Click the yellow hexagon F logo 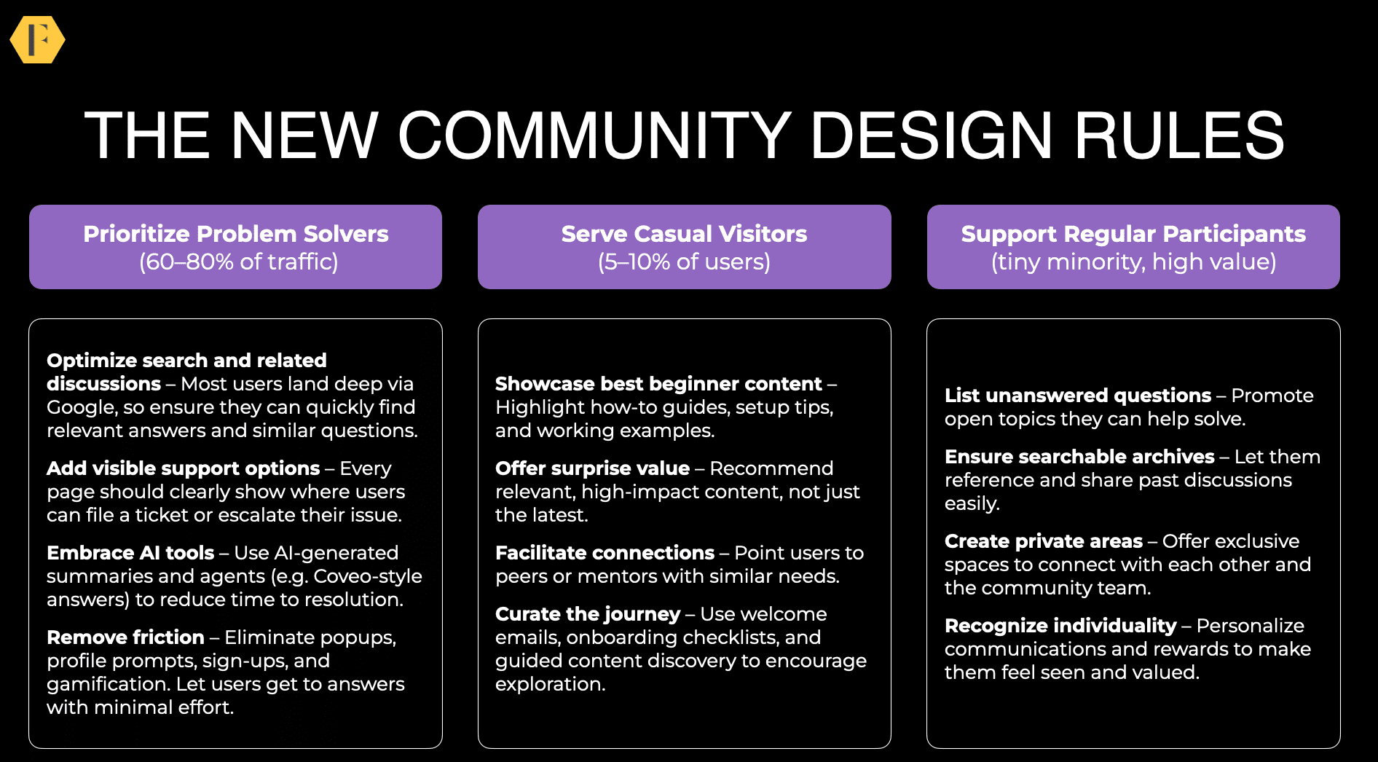point(37,39)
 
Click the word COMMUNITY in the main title point(594,135)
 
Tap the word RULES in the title point(1179,135)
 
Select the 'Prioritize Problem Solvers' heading point(236,234)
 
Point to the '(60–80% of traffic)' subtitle point(239,262)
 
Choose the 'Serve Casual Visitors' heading point(684,234)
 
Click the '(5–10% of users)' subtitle point(684,262)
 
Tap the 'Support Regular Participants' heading point(1133,234)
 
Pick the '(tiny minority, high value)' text point(1133,262)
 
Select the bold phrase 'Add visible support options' point(184,468)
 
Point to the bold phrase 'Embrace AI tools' point(130,553)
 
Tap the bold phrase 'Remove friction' point(125,637)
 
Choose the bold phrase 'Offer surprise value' point(592,468)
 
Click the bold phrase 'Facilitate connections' point(605,553)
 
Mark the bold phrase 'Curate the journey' point(588,614)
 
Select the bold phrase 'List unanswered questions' point(1078,396)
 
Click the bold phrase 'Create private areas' point(1044,541)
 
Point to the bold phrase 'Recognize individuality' point(1060,626)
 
